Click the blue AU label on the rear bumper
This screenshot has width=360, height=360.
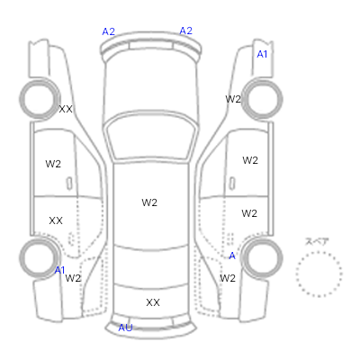click(x=125, y=328)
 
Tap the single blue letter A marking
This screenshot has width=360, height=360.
click(x=232, y=256)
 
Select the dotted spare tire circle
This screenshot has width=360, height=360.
click(x=319, y=274)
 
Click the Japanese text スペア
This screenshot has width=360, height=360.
click(x=317, y=241)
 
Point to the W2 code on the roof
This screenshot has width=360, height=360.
click(x=149, y=202)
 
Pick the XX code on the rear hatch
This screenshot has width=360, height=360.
click(x=153, y=302)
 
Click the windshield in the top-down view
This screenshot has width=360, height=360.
click(x=151, y=137)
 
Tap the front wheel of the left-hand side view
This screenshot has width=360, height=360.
click(x=40, y=99)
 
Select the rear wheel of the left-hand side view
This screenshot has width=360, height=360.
click(x=40, y=258)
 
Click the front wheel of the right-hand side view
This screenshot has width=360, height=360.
click(x=263, y=99)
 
